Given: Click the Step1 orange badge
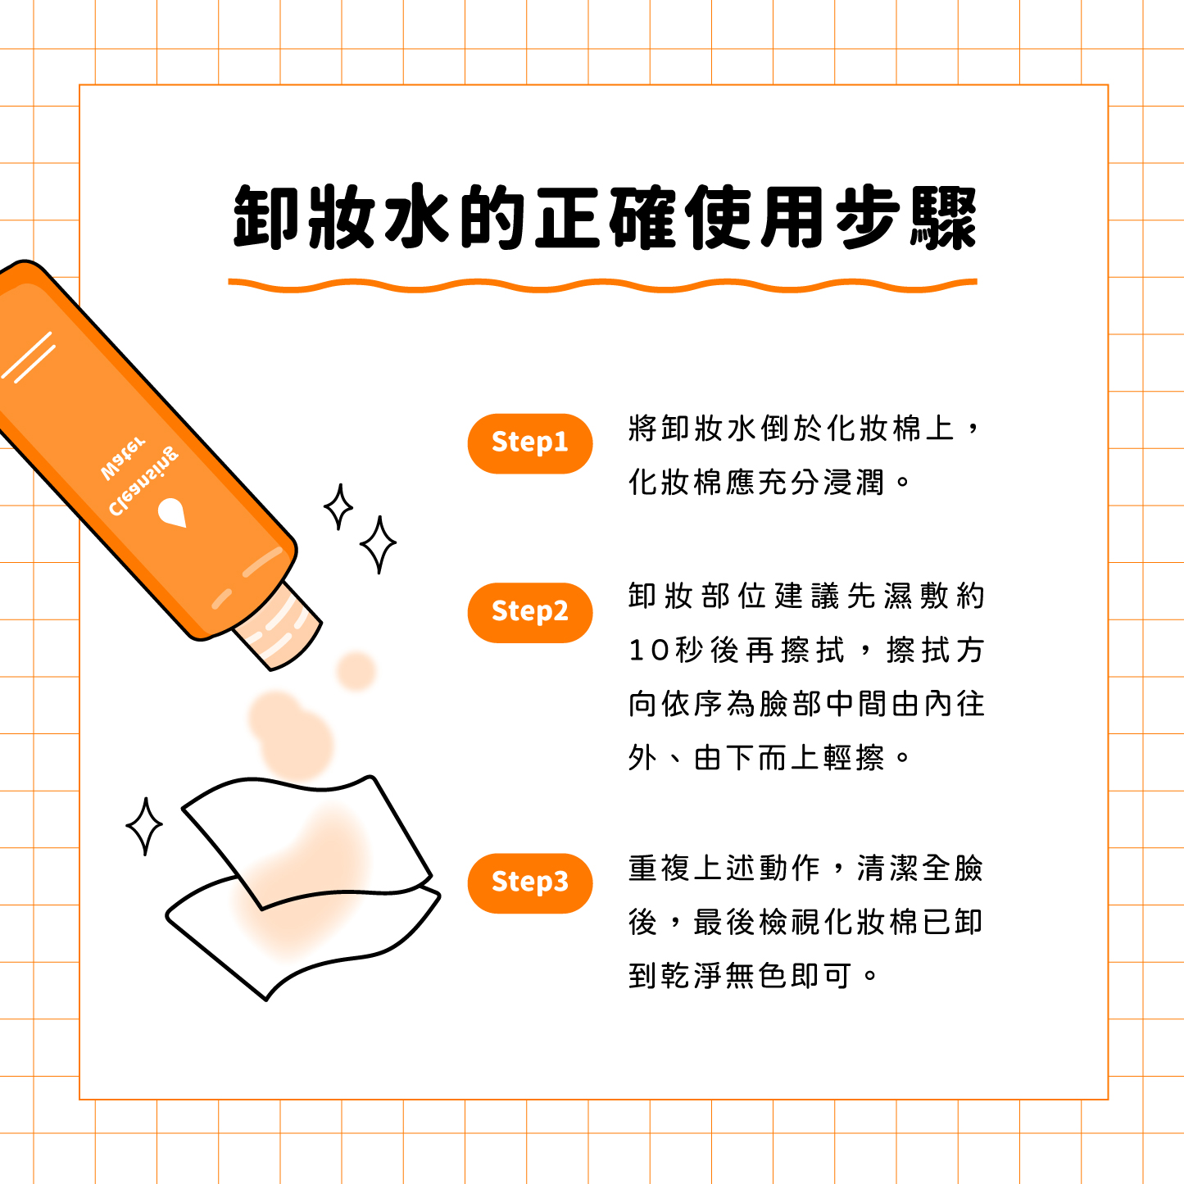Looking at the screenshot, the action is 529,443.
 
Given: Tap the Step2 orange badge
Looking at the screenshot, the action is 529,613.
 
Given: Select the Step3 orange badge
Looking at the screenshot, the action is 529,883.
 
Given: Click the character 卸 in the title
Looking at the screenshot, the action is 266,217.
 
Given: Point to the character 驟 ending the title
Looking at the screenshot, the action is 943,217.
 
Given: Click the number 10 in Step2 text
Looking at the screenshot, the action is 649,650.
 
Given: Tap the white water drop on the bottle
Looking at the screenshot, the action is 172,512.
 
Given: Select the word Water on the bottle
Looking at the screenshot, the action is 124,458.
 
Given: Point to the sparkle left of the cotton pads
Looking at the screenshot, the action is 144,826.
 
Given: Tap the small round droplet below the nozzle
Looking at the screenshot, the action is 356,671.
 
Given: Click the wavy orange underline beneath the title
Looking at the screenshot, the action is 602,285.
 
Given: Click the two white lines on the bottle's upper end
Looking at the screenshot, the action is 28,357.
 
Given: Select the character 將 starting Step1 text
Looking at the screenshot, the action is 642,428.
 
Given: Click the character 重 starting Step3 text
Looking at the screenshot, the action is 642,869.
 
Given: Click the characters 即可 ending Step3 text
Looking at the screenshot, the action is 821,975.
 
